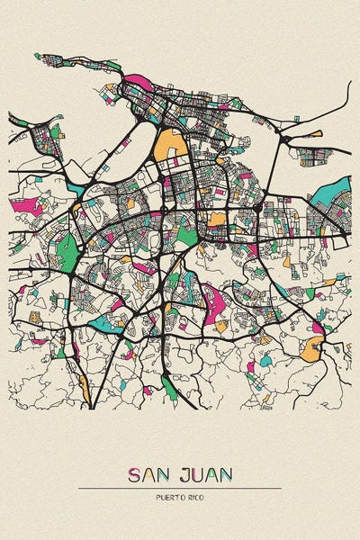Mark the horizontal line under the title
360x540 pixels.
coord(180,488)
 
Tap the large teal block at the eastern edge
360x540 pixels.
coord(337,191)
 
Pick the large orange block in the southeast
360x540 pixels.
coord(311,349)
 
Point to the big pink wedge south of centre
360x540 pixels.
coord(213,304)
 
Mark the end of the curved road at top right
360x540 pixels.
coord(349,83)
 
